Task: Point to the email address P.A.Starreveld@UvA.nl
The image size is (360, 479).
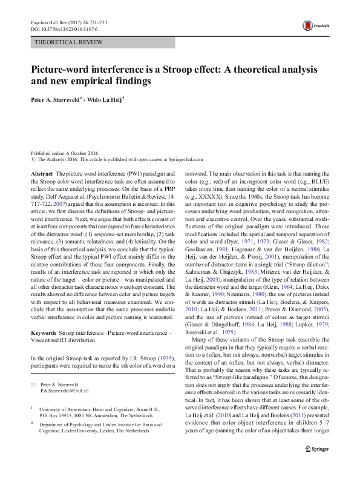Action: click(x=64, y=375)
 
